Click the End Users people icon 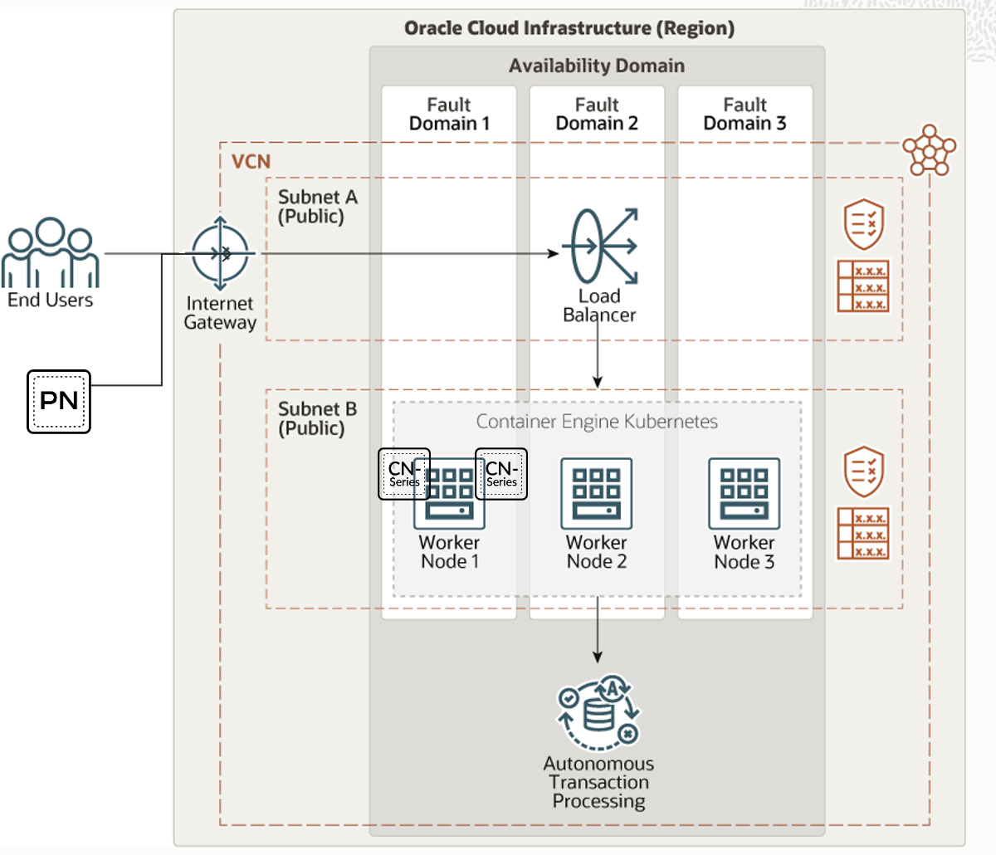(x=50, y=252)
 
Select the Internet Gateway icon (x=220, y=253)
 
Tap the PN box (x=59, y=401)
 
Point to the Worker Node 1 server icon (x=449, y=494)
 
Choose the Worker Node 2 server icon (x=597, y=494)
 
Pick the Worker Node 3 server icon (x=745, y=494)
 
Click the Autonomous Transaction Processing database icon (x=598, y=712)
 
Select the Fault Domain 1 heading (x=449, y=115)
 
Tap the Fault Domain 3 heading (x=745, y=115)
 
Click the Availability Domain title (x=597, y=66)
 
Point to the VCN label (x=251, y=161)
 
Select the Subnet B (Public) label (x=317, y=418)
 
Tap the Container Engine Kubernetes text (x=597, y=422)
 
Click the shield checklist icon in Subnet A (x=863, y=223)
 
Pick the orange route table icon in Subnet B (x=863, y=534)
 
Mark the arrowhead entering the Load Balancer (x=554, y=253)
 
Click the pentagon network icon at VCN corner (x=929, y=150)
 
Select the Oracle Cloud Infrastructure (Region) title (x=569, y=28)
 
